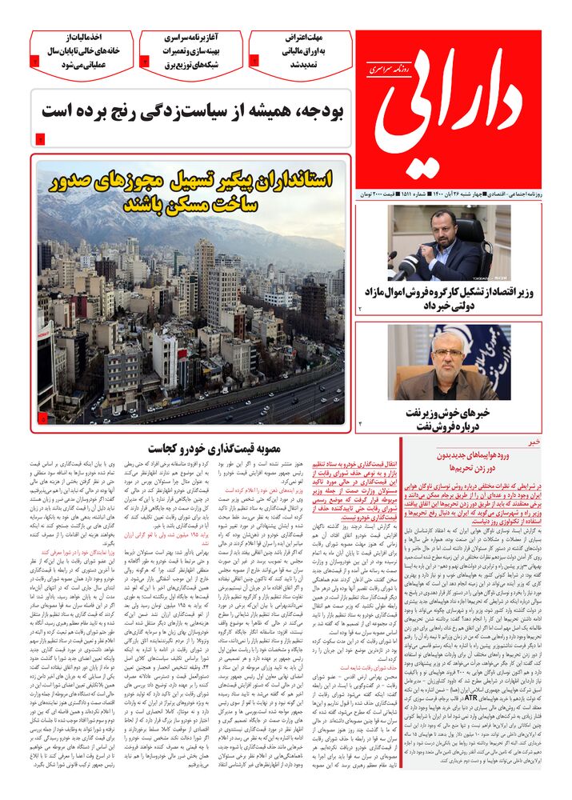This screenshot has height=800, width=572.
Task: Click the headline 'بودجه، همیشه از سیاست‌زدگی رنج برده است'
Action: coord(193,112)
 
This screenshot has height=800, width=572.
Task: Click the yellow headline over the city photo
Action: coord(192,192)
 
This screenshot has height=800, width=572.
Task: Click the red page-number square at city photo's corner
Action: coord(42,417)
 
